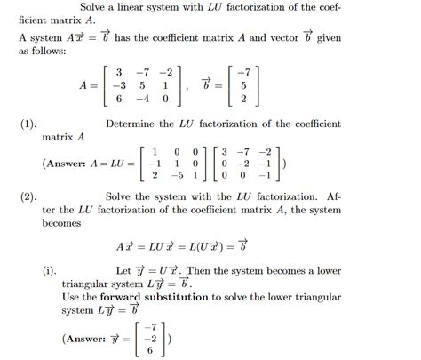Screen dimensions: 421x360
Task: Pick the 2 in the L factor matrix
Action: [x=155, y=176]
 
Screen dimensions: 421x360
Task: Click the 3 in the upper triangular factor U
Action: [x=226, y=150]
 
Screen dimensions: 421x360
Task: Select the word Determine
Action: [x=132, y=124]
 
